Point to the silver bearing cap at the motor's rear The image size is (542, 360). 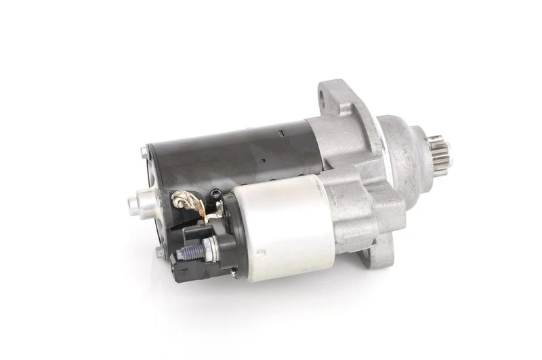click(x=143, y=200)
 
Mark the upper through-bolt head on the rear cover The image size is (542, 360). click(x=144, y=152)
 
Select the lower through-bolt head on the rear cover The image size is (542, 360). click(x=159, y=252)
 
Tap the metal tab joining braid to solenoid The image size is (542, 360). click(x=214, y=215)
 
